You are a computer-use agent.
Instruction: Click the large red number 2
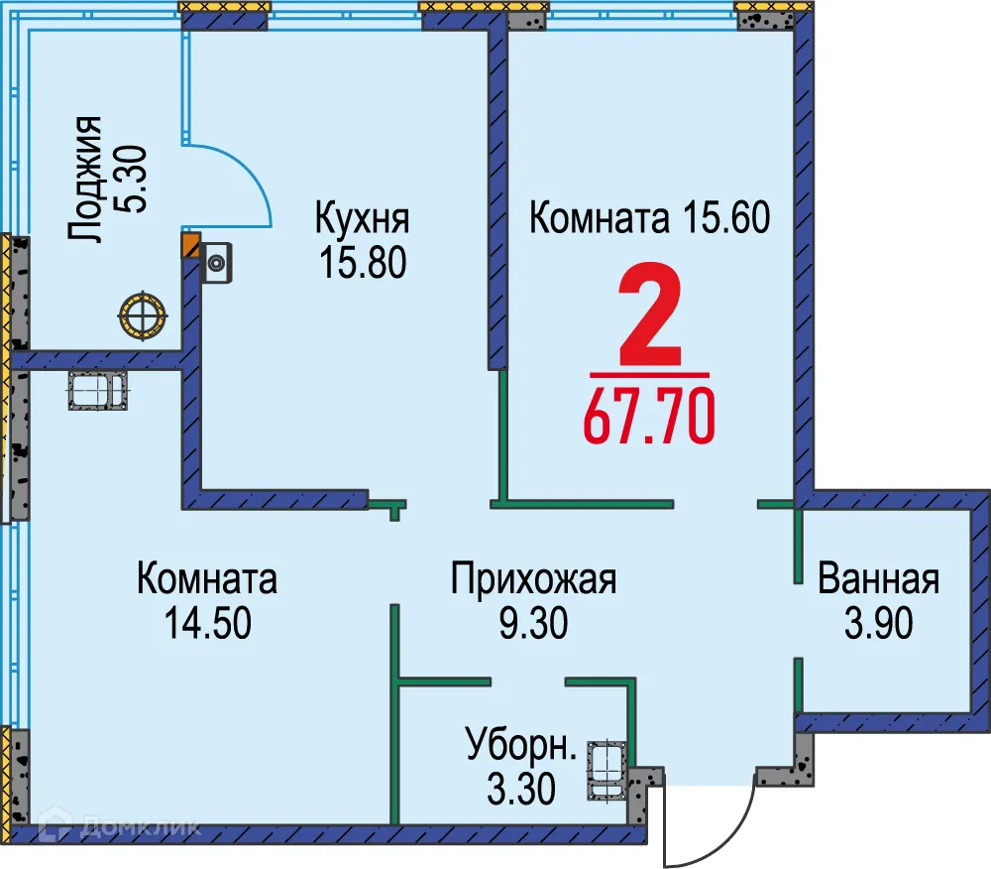(651, 317)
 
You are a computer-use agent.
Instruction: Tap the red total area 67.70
(649, 415)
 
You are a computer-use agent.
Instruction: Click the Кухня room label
(362, 216)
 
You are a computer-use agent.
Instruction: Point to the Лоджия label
(87, 180)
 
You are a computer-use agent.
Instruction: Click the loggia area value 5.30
(132, 180)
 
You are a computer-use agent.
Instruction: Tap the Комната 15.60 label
(649, 217)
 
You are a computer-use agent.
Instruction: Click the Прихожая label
(533, 578)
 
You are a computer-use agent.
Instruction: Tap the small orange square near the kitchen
(190, 244)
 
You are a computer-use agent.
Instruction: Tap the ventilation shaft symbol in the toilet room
(606, 771)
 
